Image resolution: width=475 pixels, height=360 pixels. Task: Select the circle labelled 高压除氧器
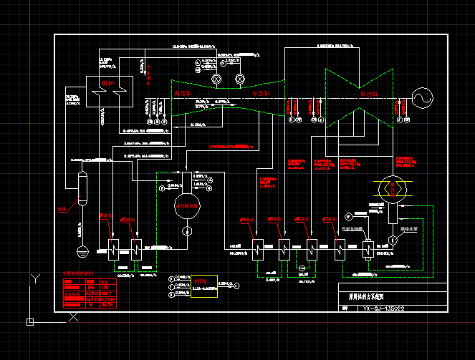[187, 206]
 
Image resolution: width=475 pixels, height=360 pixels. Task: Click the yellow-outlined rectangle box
[204, 286]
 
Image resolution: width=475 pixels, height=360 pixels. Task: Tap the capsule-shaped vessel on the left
[82, 189]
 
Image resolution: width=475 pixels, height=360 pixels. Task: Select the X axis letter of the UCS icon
[72, 317]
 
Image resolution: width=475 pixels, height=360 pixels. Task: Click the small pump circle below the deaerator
[187, 230]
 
